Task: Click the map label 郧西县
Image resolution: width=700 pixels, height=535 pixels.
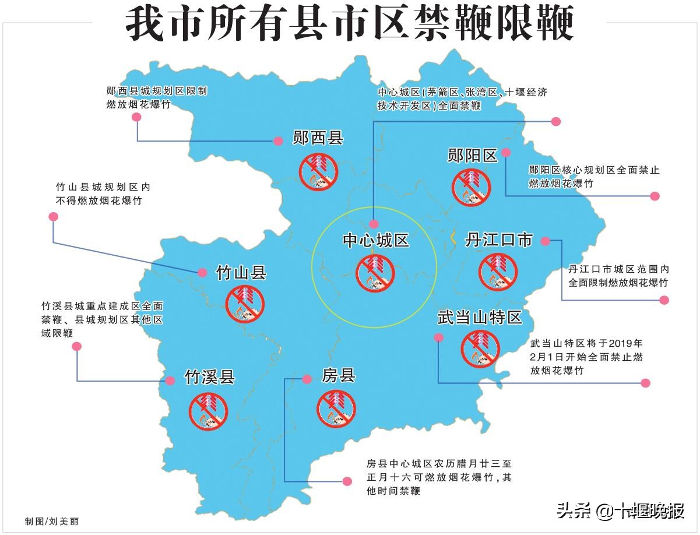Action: [318, 139]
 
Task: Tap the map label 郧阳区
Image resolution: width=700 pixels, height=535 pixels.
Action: [472, 155]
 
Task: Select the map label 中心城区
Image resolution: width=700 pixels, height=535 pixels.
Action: [375, 241]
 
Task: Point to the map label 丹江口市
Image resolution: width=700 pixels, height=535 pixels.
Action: [499, 240]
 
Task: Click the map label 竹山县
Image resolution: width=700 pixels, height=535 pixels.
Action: [241, 272]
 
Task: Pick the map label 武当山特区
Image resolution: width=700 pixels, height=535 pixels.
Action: [479, 318]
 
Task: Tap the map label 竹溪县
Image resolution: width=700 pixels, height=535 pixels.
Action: [209, 377]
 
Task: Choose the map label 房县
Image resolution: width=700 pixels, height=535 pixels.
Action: [339, 375]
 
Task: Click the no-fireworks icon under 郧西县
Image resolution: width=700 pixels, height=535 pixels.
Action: [319, 171]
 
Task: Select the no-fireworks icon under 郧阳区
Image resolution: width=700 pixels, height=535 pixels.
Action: [472, 186]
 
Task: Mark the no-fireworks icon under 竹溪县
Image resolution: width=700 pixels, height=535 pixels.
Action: [208, 411]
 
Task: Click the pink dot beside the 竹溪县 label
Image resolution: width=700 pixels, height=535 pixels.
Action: [170, 381]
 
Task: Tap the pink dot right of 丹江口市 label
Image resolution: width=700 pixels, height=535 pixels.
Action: [545, 241]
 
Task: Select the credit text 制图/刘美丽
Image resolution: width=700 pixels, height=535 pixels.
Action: [51, 521]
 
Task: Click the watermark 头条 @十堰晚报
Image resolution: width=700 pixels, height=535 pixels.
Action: [620, 511]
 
